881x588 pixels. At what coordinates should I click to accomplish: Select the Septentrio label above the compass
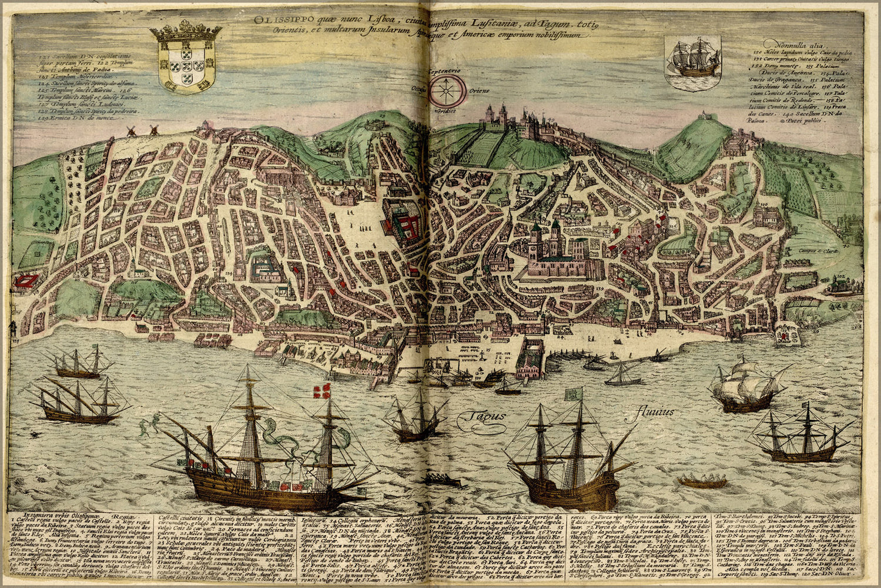point(450,71)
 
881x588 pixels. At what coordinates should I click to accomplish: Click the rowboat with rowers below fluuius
point(702,482)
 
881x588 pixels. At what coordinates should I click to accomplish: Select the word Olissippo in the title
point(276,19)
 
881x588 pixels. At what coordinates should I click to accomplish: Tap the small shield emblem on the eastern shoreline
point(786,335)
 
